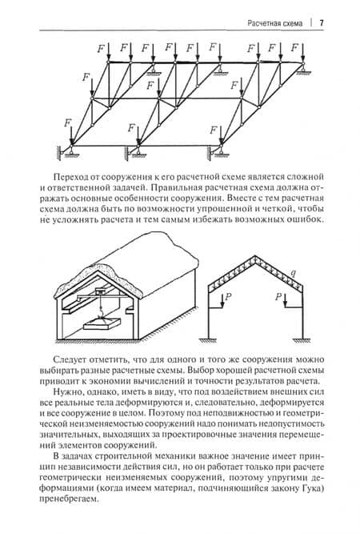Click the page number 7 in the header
coord(322,23)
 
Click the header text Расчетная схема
coord(275,23)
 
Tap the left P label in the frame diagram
coord(228,297)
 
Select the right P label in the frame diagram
coord(278,297)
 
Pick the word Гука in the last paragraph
coord(310,488)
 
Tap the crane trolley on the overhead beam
coord(100,291)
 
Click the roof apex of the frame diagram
coord(255,256)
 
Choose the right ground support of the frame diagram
coord(302,340)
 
